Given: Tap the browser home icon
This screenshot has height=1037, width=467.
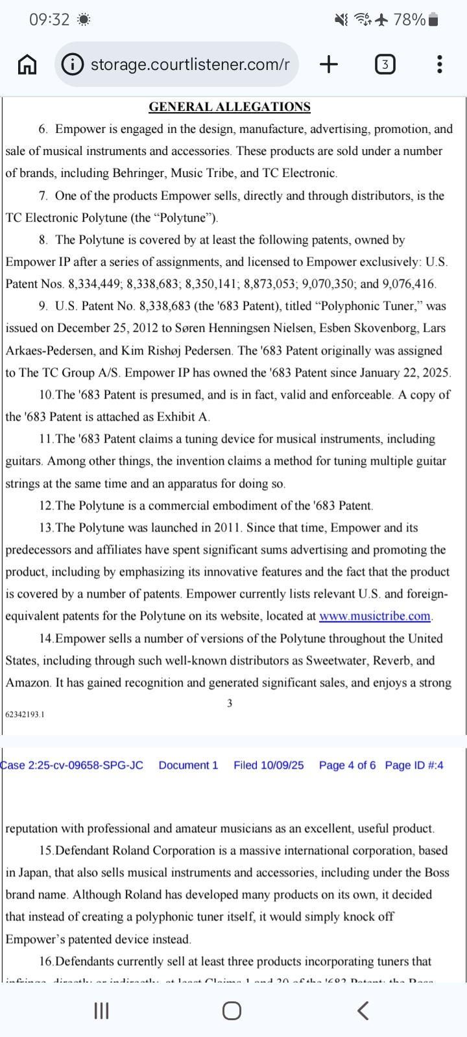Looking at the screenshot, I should (27, 64).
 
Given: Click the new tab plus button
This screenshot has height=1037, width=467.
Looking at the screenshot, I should (329, 64).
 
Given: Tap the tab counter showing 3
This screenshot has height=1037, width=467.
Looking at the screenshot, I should (385, 64).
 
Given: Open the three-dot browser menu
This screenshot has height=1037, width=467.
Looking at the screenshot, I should (440, 64).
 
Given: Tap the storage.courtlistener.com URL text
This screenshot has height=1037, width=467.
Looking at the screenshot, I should (189, 64).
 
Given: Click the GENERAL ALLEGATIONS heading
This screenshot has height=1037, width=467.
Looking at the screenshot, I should (230, 107).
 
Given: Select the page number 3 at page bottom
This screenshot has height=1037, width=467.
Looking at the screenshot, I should (230, 703).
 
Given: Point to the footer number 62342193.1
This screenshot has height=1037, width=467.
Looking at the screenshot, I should (25, 714).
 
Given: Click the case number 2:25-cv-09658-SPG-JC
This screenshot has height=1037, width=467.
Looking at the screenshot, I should (72, 765).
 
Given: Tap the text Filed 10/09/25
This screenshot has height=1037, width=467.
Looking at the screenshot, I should (269, 765).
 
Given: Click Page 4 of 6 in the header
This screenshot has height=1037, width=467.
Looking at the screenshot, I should (347, 765).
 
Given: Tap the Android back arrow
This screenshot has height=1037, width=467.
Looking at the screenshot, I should (363, 1010).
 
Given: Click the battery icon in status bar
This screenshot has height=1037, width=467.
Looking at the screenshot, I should (434, 20).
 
